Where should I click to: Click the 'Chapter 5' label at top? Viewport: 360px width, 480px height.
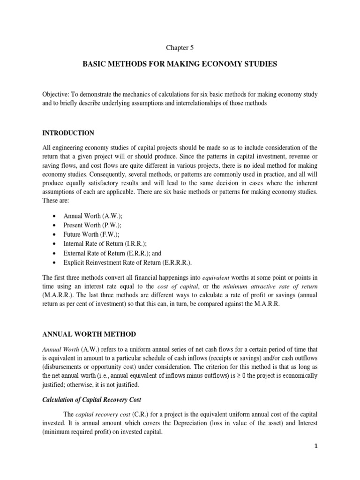click(180, 47)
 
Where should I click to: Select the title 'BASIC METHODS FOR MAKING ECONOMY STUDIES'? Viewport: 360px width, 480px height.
click(180, 63)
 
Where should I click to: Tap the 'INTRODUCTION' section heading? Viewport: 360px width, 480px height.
click(68, 133)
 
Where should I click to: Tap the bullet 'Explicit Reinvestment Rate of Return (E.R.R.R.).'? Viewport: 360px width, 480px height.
click(128, 262)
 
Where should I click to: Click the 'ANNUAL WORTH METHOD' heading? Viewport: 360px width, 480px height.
click(89, 334)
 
